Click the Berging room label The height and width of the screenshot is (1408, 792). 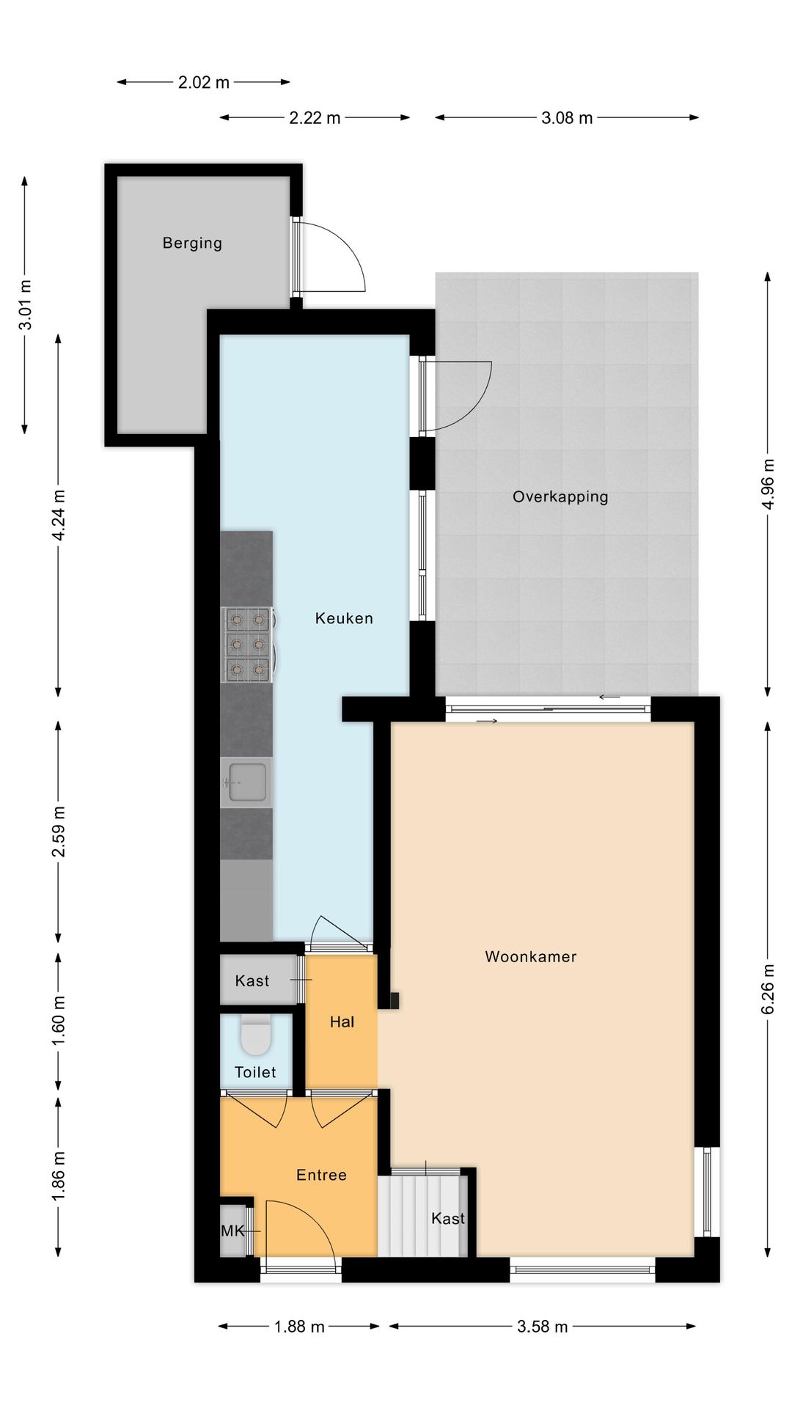pyautogui.click(x=192, y=243)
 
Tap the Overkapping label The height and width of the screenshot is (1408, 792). pyautogui.click(x=560, y=496)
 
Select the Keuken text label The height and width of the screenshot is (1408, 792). pyautogui.click(x=344, y=618)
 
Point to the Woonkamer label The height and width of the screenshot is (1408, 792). pyautogui.click(x=531, y=956)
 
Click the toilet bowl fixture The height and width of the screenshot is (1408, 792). pyautogui.click(x=256, y=1034)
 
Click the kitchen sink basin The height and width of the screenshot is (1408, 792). pyautogui.click(x=246, y=782)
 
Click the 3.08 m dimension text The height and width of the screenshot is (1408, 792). pyautogui.click(x=567, y=118)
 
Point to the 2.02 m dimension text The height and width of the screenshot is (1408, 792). pyautogui.click(x=204, y=83)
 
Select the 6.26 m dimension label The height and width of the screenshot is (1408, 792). pyautogui.click(x=768, y=989)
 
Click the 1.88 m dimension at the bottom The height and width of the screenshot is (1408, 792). pyautogui.click(x=299, y=1327)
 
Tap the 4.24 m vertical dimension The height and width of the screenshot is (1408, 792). pyautogui.click(x=59, y=515)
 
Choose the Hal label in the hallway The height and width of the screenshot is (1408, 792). pyautogui.click(x=342, y=1022)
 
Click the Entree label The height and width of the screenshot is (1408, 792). pyautogui.click(x=321, y=1175)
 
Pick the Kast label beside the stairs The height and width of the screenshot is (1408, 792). pyautogui.click(x=447, y=1219)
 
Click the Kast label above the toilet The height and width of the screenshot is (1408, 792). pyautogui.click(x=252, y=980)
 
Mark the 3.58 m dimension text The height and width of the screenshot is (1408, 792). pyautogui.click(x=542, y=1327)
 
